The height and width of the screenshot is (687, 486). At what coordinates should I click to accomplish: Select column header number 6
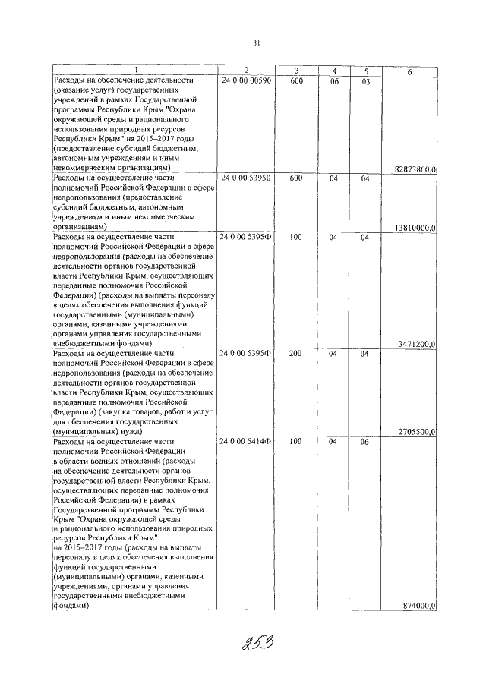tap(409, 71)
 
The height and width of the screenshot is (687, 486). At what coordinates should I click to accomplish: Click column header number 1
tap(134, 71)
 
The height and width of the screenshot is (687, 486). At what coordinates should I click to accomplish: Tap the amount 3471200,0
tap(416, 344)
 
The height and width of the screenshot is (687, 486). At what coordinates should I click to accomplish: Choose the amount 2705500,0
tap(416, 432)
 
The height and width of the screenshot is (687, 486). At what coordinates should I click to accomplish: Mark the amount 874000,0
tap(418, 606)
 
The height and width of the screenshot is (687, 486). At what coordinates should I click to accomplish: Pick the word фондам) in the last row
tap(70, 607)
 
